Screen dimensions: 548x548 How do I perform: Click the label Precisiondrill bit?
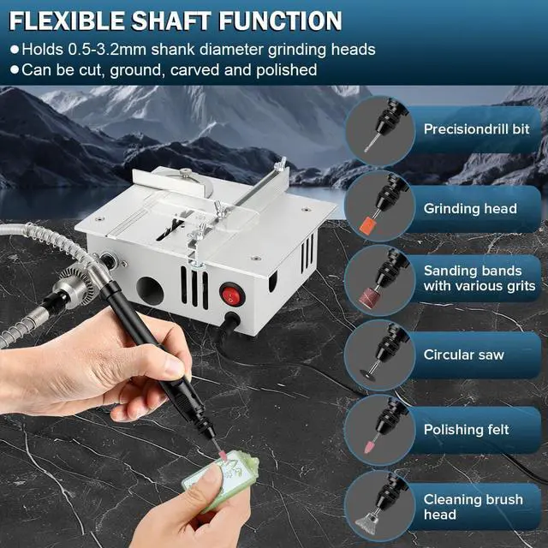(x=477, y=129)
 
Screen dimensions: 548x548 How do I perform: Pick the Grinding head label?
(x=470, y=208)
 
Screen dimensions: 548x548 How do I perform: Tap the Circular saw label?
(x=464, y=354)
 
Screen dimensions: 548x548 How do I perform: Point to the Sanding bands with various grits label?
(x=479, y=278)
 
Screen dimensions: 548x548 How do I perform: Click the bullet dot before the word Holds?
(x=13, y=50)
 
